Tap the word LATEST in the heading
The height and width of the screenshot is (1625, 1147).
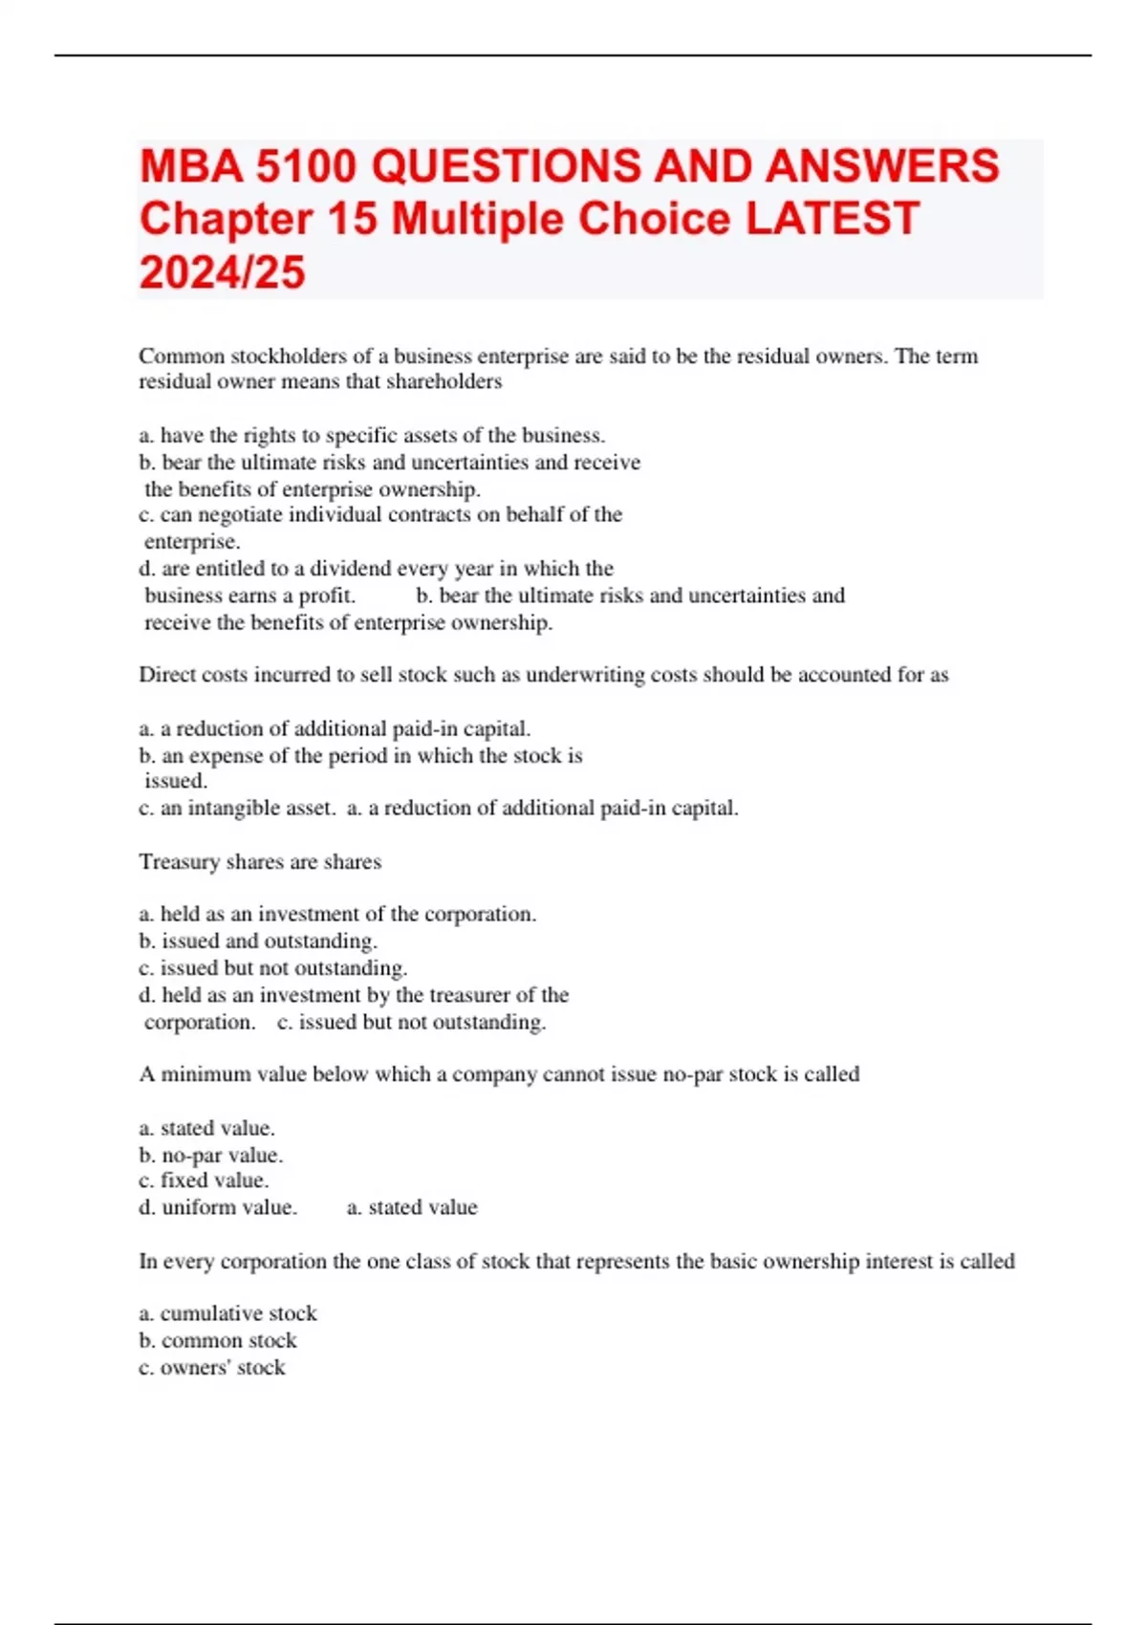point(832,219)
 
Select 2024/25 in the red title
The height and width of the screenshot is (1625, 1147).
point(222,272)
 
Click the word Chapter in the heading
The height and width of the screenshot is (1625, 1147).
point(226,219)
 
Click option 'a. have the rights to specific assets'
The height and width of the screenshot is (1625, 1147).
point(372,436)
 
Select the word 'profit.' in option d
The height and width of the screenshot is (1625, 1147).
point(327,596)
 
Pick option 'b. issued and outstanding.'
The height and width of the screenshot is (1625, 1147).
point(258,942)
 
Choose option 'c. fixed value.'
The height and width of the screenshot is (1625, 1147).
point(204,1181)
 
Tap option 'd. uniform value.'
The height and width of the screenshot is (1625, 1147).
point(218,1207)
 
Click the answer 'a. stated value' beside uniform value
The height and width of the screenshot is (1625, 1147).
point(412,1207)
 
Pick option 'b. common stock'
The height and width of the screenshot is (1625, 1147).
point(218,1340)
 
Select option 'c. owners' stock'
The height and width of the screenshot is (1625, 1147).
point(212,1368)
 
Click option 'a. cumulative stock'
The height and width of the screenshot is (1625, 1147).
point(227,1313)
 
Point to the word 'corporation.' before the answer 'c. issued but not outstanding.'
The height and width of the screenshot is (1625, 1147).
point(200,1022)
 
